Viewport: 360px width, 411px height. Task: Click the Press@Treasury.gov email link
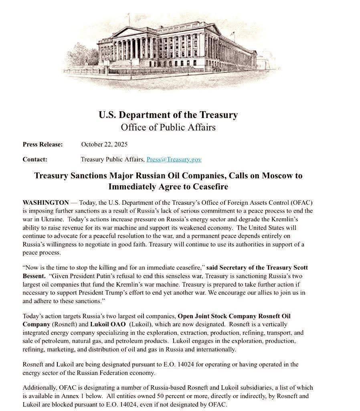[174, 159]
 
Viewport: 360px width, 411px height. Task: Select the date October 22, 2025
[104, 144]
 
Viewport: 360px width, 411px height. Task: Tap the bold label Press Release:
[42, 144]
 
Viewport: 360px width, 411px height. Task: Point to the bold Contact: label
[35, 159]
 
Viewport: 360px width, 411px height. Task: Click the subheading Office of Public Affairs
[168, 127]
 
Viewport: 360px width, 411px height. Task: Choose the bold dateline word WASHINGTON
[46, 203]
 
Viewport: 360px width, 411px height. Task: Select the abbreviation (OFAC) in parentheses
[300, 203]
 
